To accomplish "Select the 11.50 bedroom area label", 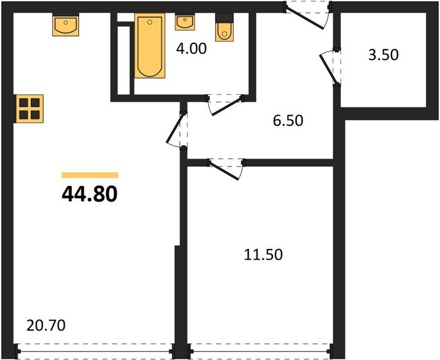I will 263,254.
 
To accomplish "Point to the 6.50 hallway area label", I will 288,121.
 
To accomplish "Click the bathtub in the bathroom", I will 149,47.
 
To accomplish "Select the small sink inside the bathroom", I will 184,23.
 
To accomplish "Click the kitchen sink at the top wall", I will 65,26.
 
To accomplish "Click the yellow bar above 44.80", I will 90,175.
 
